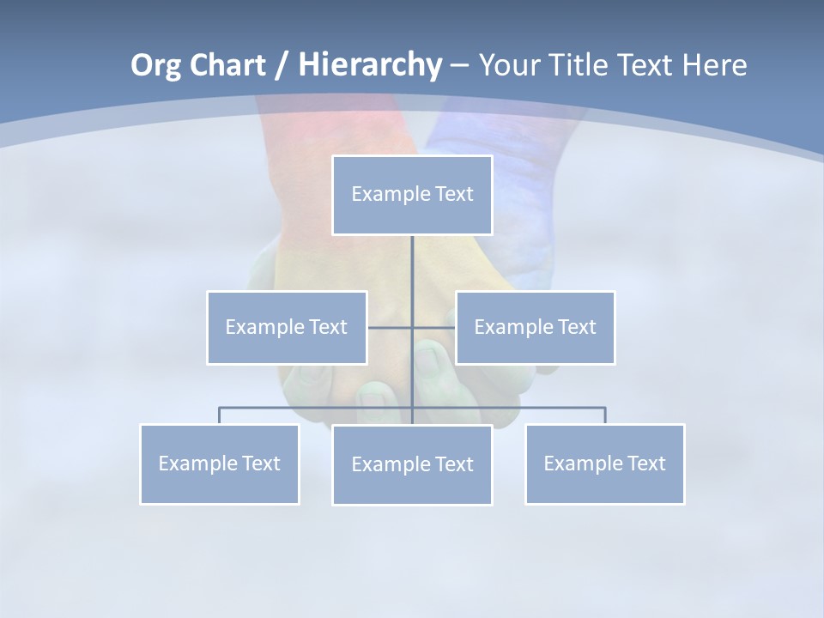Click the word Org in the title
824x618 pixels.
pos(155,65)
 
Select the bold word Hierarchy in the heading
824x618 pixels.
pos(369,65)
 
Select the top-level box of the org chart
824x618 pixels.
pos(412,195)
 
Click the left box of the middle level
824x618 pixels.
pos(287,327)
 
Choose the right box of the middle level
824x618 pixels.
pos(535,327)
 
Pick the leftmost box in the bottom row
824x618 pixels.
pos(220,463)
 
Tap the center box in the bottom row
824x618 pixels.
pos(412,464)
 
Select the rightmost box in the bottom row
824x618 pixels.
pos(604,463)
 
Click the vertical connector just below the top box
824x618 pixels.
pos(413,266)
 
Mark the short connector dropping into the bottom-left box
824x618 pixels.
pos(220,415)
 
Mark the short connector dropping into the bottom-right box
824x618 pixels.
pos(605,415)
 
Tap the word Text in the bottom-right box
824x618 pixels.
pos(645,463)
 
